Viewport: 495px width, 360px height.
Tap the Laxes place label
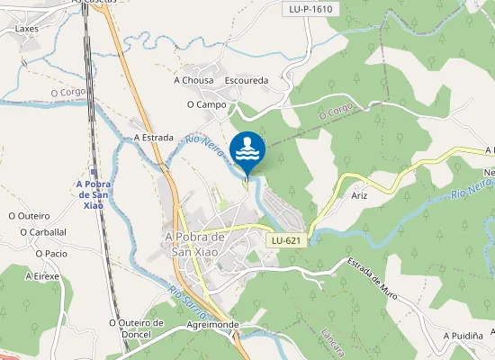[27, 28]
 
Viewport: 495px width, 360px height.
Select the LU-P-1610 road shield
[311, 9]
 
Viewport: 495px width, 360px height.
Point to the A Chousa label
[193, 80]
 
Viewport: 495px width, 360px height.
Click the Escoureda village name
[247, 80]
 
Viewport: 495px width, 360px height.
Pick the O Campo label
[206, 104]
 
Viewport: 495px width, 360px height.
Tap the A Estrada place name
[153, 138]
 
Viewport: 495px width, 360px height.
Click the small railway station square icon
[94, 172]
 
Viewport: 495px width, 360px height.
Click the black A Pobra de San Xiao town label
[194, 243]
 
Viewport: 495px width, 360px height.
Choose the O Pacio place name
[50, 254]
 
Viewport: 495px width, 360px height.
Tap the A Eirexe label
[41, 276]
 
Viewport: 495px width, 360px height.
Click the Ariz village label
[360, 195]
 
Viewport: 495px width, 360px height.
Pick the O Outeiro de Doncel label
[136, 328]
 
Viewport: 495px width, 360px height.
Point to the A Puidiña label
[463, 335]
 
